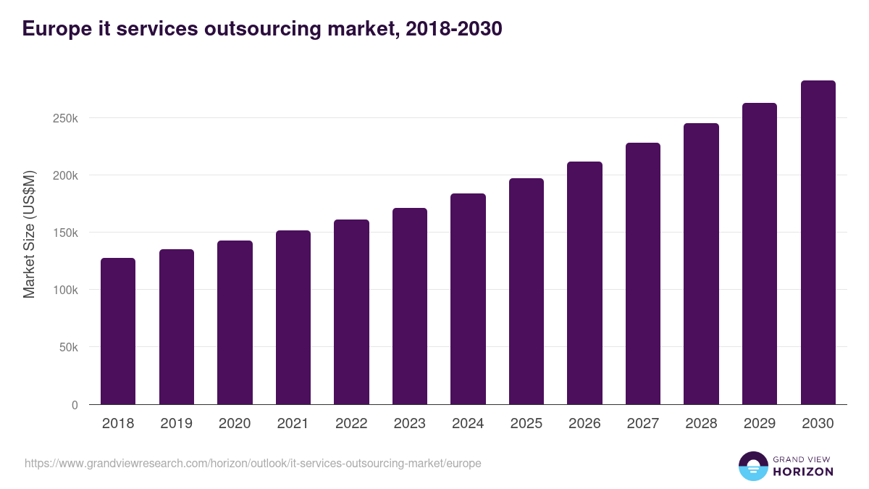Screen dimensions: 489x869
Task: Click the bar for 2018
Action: (x=118, y=331)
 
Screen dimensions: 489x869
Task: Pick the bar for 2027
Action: (x=643, y=273)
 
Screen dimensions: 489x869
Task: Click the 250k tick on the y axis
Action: (x=65, y=118)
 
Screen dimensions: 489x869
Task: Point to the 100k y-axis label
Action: (x=65, y=290)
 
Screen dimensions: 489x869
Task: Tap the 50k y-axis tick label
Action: (x=68, y=347)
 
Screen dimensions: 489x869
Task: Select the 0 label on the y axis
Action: (x=75, y=405)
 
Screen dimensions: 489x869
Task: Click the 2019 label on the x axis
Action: (x=177, y=424)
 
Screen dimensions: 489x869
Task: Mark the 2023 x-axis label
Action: (x=410, y=424)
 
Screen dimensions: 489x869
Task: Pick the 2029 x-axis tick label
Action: (x=760, y=424)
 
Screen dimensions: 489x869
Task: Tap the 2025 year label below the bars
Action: (x=526, y=424)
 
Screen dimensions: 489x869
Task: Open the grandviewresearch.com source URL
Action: (x=253, y=463)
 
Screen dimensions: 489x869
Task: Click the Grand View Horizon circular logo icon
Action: (x=752, y=467)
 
